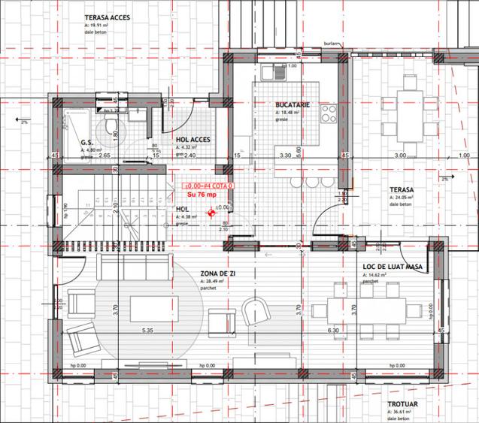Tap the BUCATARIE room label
293,104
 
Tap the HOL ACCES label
193,139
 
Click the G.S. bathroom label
86,141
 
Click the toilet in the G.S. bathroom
111,123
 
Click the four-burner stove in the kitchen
329,113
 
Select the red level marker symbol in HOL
211,213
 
